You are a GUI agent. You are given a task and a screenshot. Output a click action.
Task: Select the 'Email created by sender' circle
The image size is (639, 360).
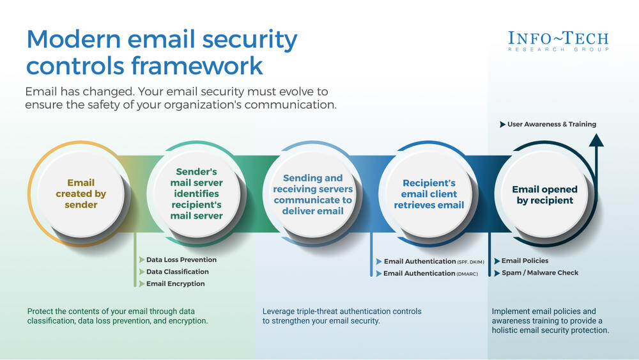[x=81, y=194]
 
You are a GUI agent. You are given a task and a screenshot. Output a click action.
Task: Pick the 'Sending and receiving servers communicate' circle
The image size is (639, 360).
[x=312, y=194]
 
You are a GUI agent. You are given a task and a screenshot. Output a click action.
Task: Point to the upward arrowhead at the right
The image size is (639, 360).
[x=596, y=141]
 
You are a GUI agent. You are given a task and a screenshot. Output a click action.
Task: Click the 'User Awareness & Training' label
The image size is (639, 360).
[x=551, y=124]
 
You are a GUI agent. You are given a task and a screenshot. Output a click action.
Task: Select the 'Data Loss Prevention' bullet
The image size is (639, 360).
[x=181, y=260]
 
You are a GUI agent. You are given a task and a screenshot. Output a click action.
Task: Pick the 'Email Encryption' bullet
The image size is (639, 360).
[x=175, y=283]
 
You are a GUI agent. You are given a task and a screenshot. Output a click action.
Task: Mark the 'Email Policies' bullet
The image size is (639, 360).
[x=525, y=261]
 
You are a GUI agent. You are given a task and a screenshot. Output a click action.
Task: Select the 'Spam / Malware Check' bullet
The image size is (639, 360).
[x=539, y=272]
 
